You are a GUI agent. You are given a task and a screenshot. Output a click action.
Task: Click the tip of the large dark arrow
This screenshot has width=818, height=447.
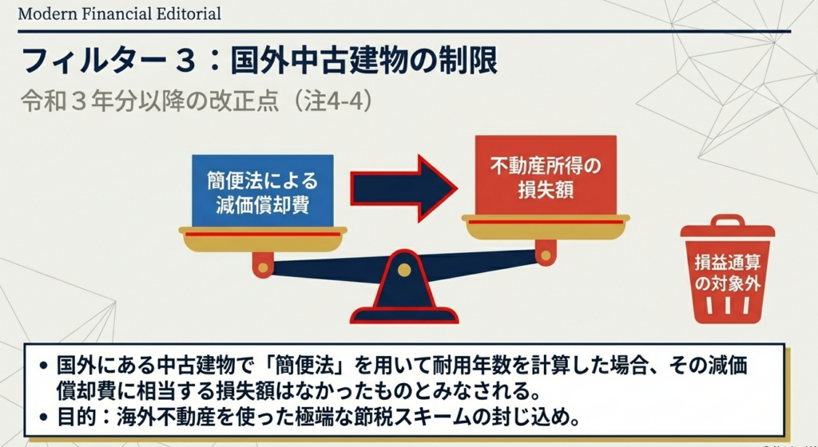pos(458,188)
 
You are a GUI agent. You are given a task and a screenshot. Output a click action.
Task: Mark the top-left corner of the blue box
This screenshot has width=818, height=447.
pos(192,155)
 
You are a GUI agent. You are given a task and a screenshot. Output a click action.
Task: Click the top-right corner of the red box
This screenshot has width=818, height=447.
pos(616,136)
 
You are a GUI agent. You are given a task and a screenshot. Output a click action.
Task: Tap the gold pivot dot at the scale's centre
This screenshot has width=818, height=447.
pos(403,269)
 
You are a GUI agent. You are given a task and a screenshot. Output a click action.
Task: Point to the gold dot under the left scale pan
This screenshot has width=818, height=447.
pos(263,267)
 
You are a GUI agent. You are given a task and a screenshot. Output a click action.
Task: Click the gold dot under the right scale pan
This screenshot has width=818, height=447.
pos(545,255)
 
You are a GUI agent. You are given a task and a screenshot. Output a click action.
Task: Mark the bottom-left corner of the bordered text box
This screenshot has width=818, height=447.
pos(25,436)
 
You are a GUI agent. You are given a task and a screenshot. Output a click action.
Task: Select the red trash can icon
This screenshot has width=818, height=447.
pos(727,269)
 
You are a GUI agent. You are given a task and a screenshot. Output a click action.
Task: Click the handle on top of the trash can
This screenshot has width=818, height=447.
pos(727,220)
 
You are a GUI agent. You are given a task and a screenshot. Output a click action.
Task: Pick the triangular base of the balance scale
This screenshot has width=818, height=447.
pos(403,287)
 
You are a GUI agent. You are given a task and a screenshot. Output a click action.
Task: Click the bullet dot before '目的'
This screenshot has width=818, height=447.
pos(44,417)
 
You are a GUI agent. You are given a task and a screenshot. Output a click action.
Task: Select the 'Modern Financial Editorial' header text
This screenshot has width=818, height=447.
pos(120,14)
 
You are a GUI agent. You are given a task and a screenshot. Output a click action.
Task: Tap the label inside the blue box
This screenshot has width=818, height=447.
pos(262,192)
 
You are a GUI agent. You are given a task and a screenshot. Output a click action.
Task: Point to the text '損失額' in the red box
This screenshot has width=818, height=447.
pos(546,190)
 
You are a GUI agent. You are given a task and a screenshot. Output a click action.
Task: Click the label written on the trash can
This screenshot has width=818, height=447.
pos(728,273)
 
